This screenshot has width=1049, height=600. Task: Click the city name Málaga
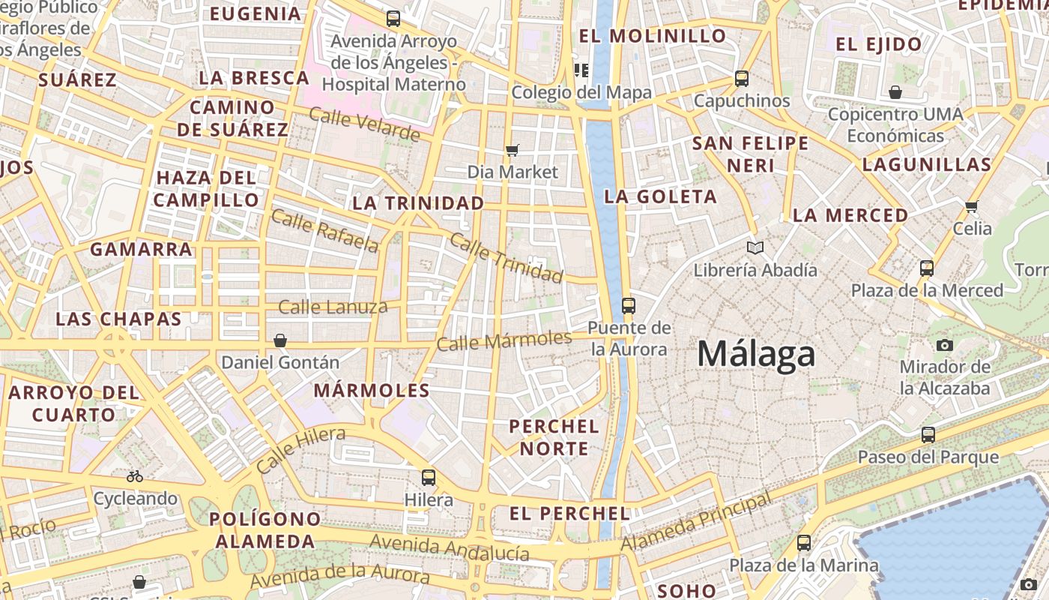755,353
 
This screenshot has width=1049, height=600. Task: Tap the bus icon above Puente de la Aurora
628,305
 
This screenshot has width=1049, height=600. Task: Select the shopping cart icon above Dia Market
513,151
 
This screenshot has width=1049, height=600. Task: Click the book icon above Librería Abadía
755,247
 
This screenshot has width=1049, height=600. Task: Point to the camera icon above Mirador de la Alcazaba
945,345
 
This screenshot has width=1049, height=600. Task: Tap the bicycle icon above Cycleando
135,476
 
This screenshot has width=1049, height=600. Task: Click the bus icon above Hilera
429,477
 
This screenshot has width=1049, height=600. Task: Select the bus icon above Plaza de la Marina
804,542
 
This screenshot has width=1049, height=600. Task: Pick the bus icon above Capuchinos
742,78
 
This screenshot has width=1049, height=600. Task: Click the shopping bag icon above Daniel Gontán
280,340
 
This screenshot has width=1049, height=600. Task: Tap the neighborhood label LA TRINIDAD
418,203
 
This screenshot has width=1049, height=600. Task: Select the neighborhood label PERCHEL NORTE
554,437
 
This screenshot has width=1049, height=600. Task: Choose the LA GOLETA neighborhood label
660,197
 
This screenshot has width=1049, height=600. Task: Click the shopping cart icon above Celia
972,206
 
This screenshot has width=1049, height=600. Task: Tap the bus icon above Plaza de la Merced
927,268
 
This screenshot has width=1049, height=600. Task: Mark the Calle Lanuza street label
333,306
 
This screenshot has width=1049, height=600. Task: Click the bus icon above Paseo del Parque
928,434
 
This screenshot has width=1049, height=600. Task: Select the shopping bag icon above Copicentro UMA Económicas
895,92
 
